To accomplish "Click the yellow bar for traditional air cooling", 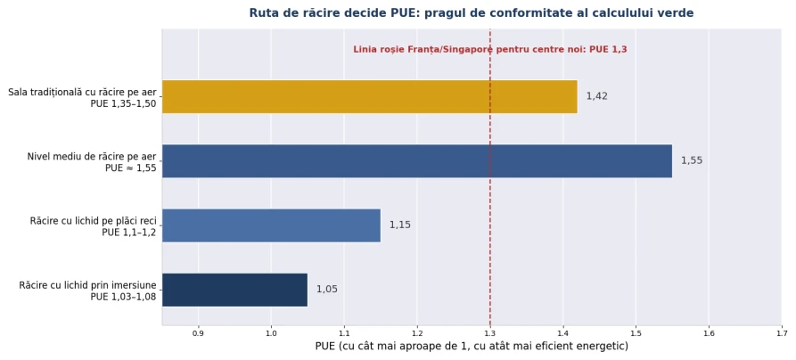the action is (370, 96).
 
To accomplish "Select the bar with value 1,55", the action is (417, 161).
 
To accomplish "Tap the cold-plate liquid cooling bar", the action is (272, 225).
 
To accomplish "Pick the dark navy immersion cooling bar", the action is (235, 290).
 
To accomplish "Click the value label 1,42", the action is (597, 96).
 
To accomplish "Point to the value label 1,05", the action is (327, 290).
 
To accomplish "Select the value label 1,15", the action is (400, 225).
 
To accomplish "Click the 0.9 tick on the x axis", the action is (198, 333).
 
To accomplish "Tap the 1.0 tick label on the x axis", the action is (271, 333).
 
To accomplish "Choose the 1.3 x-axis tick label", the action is (490, 333).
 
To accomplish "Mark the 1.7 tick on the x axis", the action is (782, 333).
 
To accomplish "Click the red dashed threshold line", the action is (490, 177).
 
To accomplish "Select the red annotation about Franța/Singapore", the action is (490, 50).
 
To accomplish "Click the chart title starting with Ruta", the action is (472, 13).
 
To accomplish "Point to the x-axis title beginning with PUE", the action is (472, 347).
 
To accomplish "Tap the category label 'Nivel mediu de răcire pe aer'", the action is (92, 157).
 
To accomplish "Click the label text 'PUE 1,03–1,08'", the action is (123, 297).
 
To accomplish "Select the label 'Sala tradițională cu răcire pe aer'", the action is (82, 93).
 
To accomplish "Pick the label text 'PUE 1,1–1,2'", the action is (129, 233).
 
